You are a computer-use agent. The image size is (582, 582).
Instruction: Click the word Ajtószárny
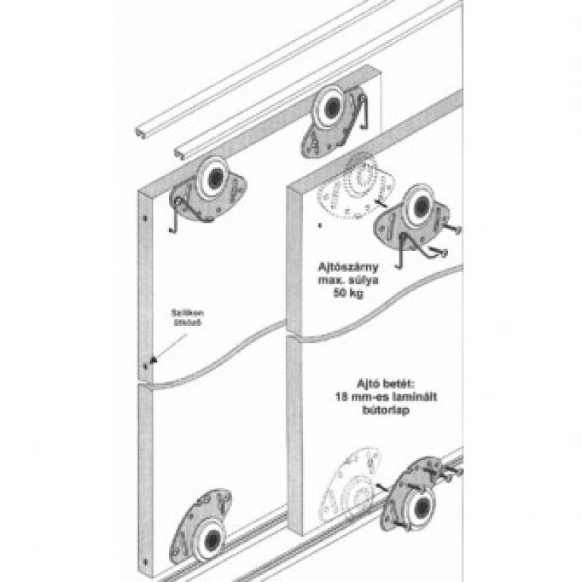click(x=347, y=267)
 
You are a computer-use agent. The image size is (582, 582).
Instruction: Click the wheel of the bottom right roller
click(x=415, y=505)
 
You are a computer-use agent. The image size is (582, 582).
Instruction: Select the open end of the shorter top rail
click(x=141, y=133)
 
